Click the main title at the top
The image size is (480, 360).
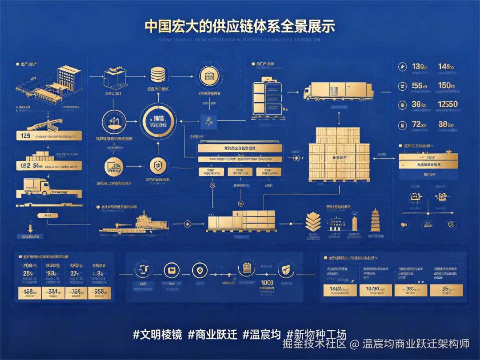pos(240,26)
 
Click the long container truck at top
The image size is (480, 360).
pos(338,91)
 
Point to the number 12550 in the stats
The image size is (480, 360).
pos(447,104)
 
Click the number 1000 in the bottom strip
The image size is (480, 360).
pos(267,283)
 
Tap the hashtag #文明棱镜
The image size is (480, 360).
pos(157,335)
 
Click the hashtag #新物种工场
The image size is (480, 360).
pos(316,335)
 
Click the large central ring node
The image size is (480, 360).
pos(158,122)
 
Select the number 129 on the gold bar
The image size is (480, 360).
pos(26,136)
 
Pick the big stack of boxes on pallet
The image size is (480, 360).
pos(339,154)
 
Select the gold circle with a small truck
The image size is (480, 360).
pos(114,167)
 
